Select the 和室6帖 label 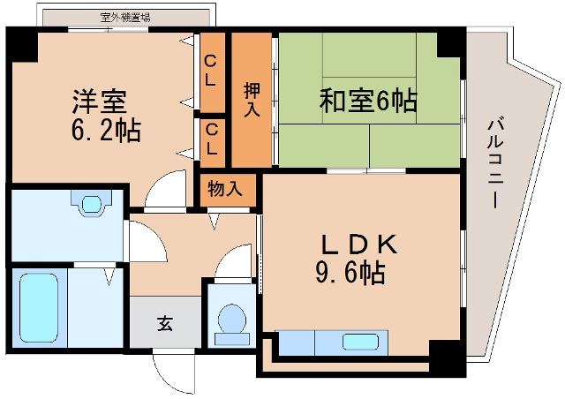(x=369, y=101)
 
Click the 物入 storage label (x=224, y=189)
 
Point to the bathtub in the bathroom (x=38, y=309)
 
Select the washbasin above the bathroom (x=92, y=205)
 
